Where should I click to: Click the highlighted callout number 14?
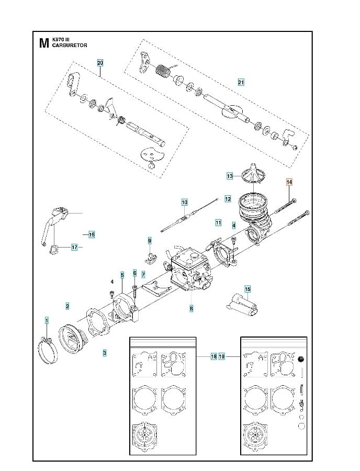[289, 182]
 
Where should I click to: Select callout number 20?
[100, 63]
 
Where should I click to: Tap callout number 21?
[241, 82]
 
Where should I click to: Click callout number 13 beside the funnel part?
[230, 176]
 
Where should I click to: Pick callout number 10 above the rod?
[184, 202]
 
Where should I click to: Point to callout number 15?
[248, 289]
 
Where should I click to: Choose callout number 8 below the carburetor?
[192, 309]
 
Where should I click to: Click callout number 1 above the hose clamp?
[47, 320]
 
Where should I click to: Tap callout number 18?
[213, 356]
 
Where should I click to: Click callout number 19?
[222, 356]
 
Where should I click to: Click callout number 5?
[122, 274]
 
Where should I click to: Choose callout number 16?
[92, 234]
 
